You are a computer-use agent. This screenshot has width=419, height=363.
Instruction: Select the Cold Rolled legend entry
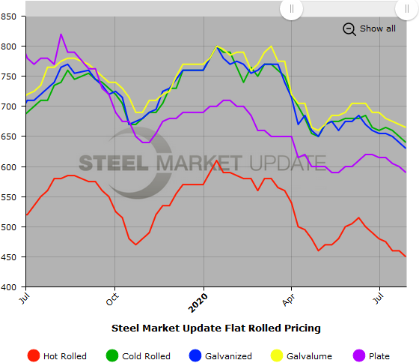click(x=139, y=356)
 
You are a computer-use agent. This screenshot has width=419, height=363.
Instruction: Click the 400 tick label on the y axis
click(x=11, y=286)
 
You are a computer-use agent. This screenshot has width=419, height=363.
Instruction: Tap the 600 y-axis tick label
click(x=11, y=166)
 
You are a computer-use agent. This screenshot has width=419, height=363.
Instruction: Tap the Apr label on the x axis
click(x=291, y=298)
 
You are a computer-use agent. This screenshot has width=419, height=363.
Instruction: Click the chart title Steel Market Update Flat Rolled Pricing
click(x=215, y=328)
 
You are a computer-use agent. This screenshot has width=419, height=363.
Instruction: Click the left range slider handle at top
click(x=291, y=9)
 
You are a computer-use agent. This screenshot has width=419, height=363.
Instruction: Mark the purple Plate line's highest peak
click(x=61, y=34)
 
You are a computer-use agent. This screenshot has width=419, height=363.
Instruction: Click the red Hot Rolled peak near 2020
click(x=217, y=160)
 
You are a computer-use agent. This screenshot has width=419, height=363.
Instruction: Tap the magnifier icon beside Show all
click(x=349, y=28)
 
